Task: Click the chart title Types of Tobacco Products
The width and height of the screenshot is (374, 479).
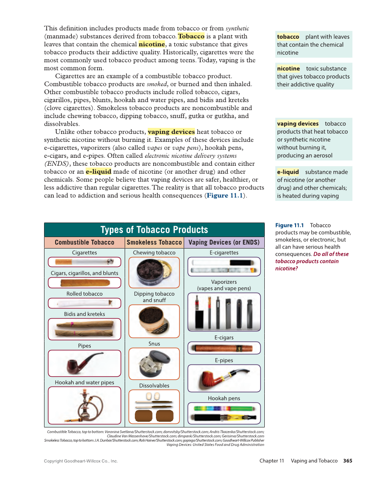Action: point(154,230)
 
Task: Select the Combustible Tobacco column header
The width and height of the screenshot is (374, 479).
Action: point(84,242)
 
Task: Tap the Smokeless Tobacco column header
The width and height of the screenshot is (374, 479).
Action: point(154,242)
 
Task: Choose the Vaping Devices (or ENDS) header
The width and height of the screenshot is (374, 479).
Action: point(224,242)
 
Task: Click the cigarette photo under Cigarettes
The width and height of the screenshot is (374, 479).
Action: point(84,262)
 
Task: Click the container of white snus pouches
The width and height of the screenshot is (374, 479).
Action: point(154,364)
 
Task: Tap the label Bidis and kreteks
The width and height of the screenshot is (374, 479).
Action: point(84,314)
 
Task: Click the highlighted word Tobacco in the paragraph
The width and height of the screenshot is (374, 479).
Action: point(191,36)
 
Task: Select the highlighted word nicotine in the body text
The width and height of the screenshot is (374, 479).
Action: point(152,44)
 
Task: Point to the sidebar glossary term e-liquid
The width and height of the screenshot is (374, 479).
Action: point(288,172)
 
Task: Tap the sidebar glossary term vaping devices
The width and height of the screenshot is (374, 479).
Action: point(297,123)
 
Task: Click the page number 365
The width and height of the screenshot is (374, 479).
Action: point(348,461)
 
